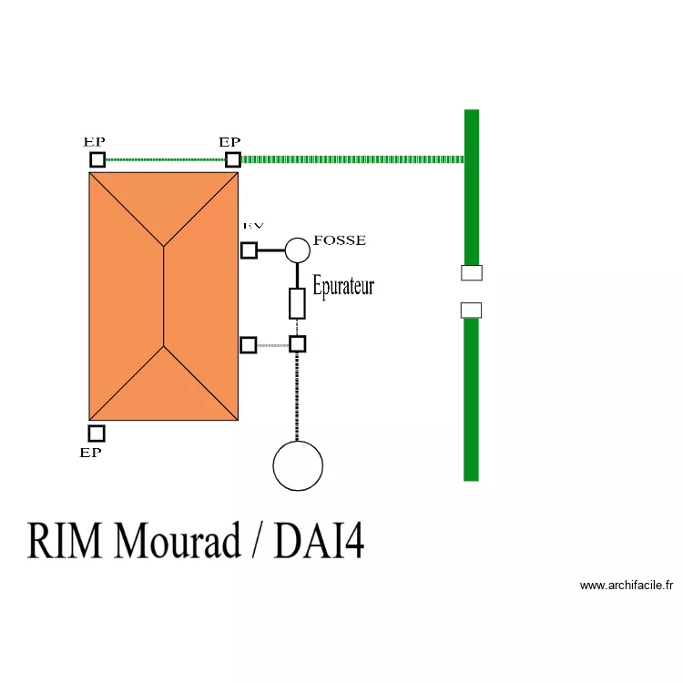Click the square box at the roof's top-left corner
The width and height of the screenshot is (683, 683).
97,160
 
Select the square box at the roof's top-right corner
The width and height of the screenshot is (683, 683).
233,160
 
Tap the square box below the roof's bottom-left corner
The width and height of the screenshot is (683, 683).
97,433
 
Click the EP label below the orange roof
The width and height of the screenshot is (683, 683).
90,453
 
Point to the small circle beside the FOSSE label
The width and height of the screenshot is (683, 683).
297,250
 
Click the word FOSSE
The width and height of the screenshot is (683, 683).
339,240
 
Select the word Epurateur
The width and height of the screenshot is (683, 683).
343,286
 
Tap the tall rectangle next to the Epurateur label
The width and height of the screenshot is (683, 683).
297,303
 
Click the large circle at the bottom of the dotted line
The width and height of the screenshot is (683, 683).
298,465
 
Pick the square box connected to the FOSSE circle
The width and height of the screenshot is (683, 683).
249,250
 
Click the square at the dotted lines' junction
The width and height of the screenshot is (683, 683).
297,344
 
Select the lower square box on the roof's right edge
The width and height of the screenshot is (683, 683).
248,345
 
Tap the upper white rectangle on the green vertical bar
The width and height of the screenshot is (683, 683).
471,273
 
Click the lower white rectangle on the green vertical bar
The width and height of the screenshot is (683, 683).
471,311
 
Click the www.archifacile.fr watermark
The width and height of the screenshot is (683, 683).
626,586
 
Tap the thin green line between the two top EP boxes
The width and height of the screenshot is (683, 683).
165,160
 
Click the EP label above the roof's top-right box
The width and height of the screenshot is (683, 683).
229,142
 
